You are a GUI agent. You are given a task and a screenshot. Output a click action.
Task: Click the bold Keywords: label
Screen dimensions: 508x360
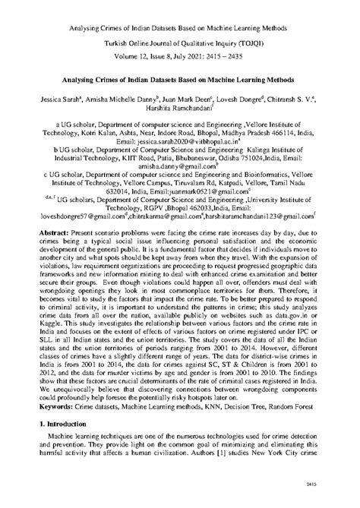54,408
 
